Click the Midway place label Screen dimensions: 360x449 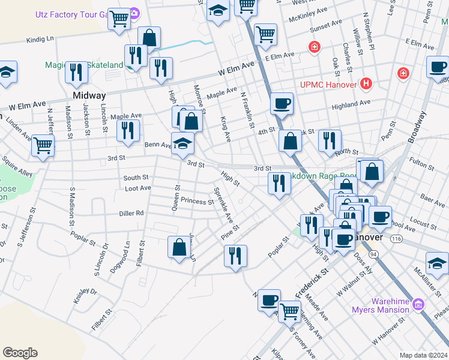coord(89,95)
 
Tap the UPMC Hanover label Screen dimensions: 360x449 coord(325,85)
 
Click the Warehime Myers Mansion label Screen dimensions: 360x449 coord(382,305)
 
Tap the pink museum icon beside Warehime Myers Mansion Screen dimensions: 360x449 coord(419,305)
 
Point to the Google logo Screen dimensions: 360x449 coord(20,353)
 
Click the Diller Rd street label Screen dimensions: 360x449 coord(131,213)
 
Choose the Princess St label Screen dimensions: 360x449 coord(197,201)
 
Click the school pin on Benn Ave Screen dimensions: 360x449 coord(182,144)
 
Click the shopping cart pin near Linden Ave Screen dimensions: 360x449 coord(43,145)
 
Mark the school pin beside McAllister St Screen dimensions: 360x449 coord(437,263)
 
